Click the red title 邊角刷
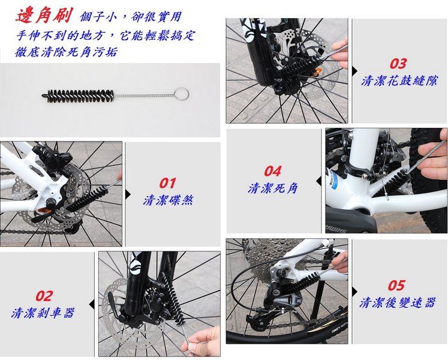(44, 15)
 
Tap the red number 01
(167, 183)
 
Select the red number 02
(44, 296)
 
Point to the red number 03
(398, 64)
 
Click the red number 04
(272, 171)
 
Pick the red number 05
(396, 286)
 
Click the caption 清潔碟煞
(169, 200)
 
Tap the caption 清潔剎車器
(43, 313)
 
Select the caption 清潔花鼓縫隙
(399, 80)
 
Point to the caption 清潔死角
(273, 188)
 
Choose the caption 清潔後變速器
(398, 302)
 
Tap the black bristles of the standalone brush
(79, 96)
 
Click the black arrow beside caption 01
(128, 194)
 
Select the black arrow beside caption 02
(92, 305)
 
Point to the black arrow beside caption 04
(318, 181)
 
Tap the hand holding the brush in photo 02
(205, 341)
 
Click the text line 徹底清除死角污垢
(67, 52)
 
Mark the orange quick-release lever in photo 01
(45, 211)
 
